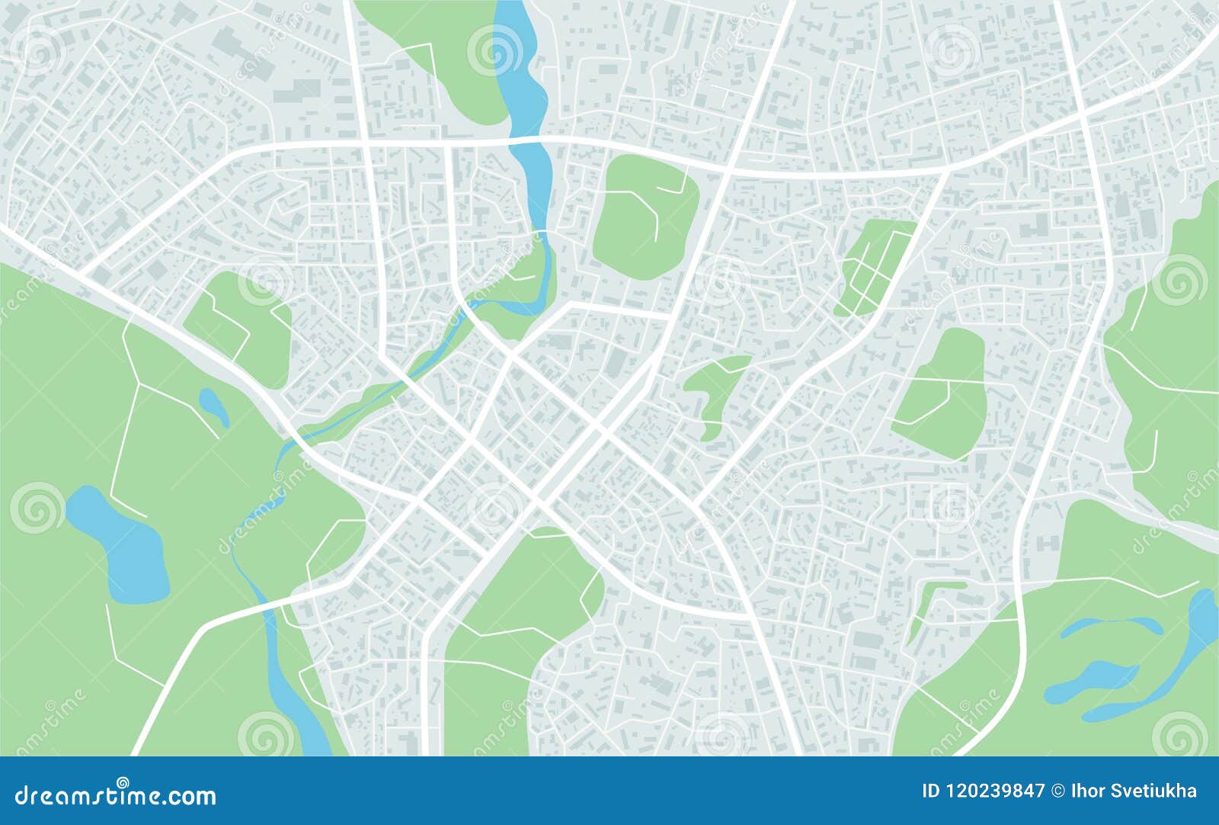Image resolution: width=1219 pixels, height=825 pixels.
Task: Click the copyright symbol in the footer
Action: coord(1055,791)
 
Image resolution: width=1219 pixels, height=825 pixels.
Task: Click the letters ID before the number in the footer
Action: coord(931,791)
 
